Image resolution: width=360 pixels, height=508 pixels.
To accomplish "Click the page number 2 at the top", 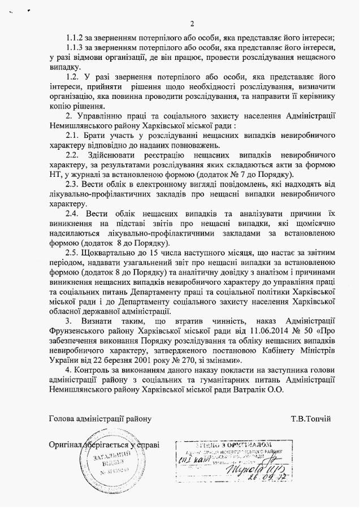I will click(192, 24).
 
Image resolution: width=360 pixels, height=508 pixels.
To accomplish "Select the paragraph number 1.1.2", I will click(75, 38).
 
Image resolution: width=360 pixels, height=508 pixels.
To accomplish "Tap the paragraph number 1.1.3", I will click(75, 49).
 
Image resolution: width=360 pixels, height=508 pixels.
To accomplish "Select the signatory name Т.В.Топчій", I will click(311, 419).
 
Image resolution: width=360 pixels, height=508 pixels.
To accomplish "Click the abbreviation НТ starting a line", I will click(56, 175).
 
